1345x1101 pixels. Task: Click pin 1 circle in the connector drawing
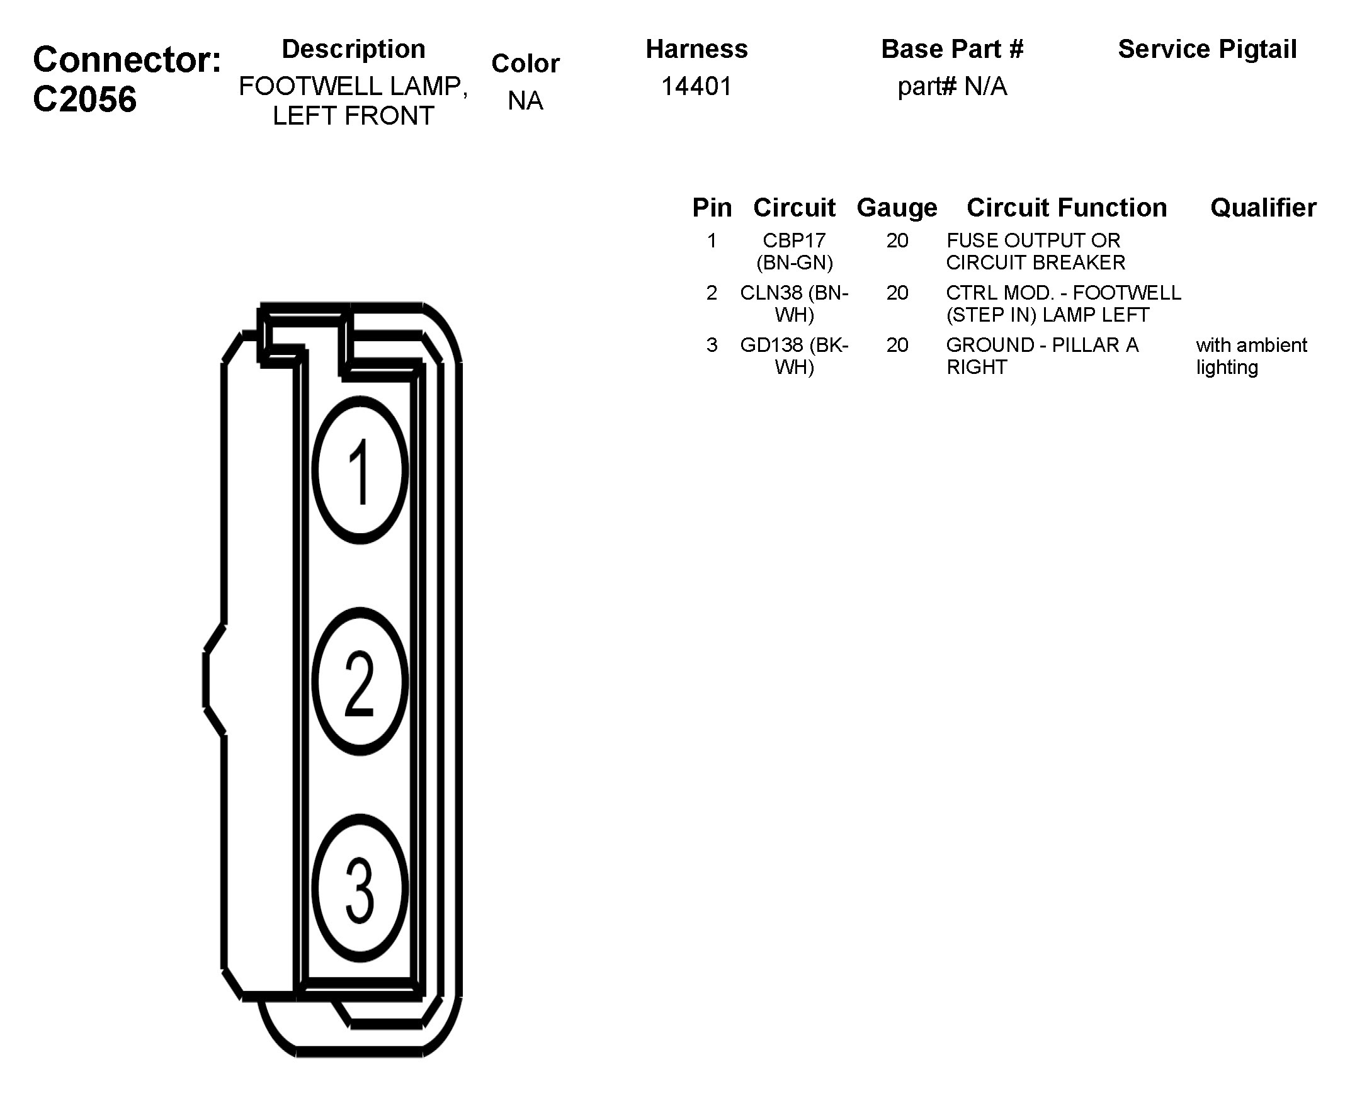click(x=360, y=471)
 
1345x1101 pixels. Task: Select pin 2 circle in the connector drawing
click(x=360, y=682)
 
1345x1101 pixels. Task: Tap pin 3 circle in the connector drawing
click(x=360, y=888)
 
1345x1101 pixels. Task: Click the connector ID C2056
click(x=84, y=99)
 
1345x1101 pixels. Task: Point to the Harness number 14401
click(x=696, y=86)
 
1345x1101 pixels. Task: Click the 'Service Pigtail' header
click(x=1206, y=49)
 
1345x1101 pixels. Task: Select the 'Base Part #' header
click(x=951, y=49)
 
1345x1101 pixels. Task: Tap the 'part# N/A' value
click(x=951, y=86)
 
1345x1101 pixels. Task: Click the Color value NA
click(x=525, y=101)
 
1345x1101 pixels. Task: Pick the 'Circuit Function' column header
click(x=1066, y=207)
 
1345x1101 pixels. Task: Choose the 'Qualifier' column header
click(x=1263, y=207)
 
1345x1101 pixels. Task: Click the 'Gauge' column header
click(x=897, y=207)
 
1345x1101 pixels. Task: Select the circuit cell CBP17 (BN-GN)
click(x=794, y=251)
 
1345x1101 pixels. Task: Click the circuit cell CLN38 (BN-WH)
click(x=794, y=303)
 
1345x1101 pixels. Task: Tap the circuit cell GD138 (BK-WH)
click(x=794, y=356)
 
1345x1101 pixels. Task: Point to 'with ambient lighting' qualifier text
click(x=1251, y=356)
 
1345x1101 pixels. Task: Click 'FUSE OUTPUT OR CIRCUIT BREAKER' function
click(x=1035, y=251)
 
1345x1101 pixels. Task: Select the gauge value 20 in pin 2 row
click(x=897, y=293)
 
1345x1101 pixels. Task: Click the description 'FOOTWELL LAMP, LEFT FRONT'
click(x=353, y=101)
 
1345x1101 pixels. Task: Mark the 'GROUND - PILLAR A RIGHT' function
click(x=1041, y=356)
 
